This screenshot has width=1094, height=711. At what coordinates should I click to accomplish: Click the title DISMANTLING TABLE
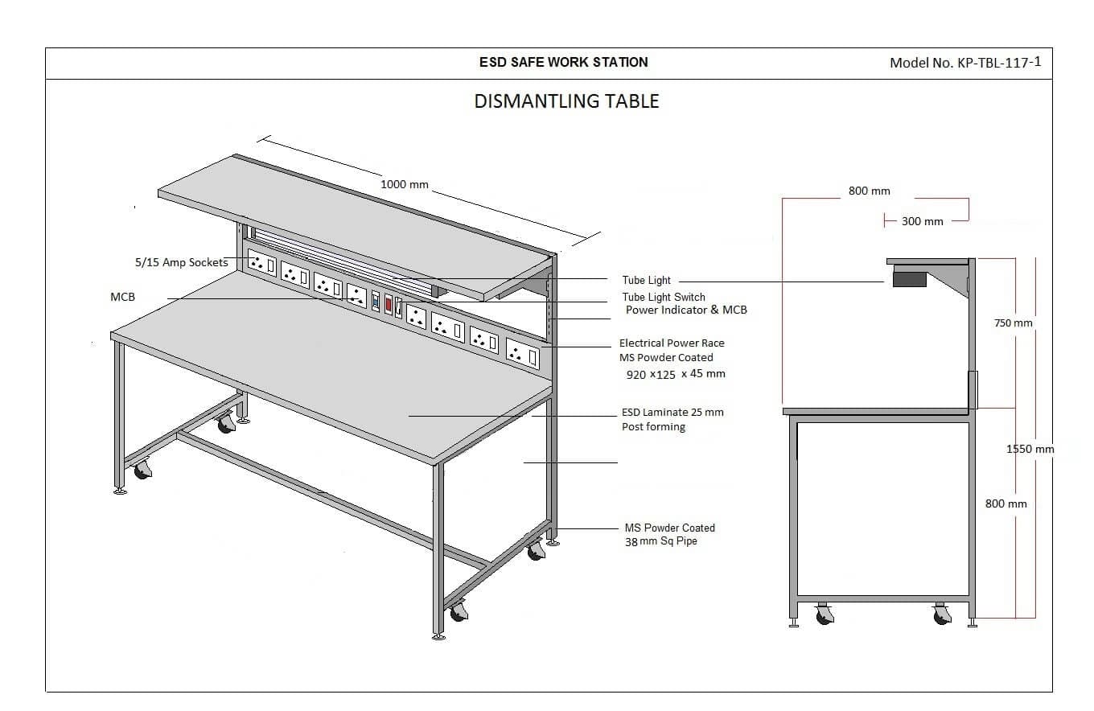click(x=566, y=101)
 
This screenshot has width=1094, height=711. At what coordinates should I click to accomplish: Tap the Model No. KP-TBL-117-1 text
click(x=965, y=63)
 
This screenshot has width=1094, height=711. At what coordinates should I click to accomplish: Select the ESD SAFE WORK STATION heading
click(x=564, y=62)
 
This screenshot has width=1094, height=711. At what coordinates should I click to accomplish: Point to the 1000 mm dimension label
click(x=405, y=185)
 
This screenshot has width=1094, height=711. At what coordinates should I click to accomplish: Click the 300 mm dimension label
click(x=922, y=221)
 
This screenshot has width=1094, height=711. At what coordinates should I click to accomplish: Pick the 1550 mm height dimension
click(x=1030, y=449)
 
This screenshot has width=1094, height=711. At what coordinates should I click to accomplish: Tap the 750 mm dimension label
click(x=1014, y=323)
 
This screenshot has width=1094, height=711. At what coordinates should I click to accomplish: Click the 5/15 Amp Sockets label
click(x=181, y=262)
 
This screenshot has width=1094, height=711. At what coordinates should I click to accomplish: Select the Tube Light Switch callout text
click(x=664, y=297)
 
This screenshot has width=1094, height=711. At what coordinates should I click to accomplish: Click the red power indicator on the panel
click(x=389, y=304)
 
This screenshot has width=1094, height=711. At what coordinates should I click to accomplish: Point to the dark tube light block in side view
click(x=909, y=279)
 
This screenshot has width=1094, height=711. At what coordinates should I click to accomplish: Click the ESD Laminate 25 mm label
click(x=672, y=412)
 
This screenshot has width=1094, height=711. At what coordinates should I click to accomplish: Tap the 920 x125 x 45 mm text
click(x=676, y=374)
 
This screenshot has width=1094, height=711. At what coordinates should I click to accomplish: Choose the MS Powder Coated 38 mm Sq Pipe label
click(x=669, y=534)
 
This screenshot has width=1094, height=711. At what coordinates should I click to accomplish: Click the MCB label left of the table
click(x=122, y=297)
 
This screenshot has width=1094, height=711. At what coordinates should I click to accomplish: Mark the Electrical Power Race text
click(x=672, y=343)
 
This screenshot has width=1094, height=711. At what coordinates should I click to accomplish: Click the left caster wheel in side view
click(x=824, y=614)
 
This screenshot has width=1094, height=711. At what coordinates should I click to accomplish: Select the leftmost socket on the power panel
click(x=262, y=264)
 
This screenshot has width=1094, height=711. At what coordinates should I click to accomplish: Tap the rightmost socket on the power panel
click(x=522, y=353)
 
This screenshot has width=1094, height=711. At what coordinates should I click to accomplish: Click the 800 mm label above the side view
click(x=870, y=191)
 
